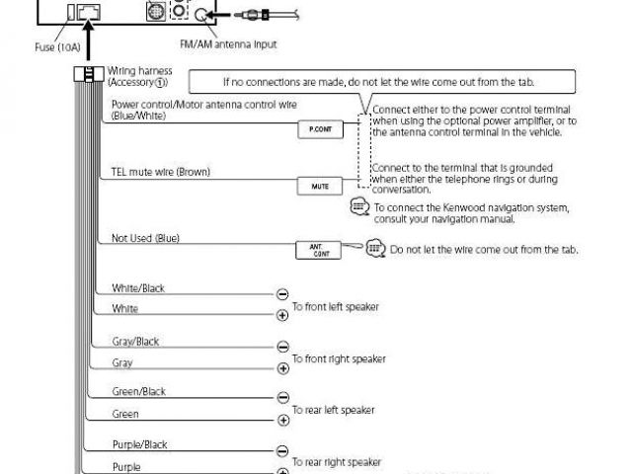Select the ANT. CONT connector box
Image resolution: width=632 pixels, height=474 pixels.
click(x=318, y=250)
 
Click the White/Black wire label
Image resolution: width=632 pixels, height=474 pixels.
click(x=138, y=288)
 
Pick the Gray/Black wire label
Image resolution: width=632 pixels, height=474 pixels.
click(x=135, y=342)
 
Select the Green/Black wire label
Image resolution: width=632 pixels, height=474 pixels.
click(x=138, y=392)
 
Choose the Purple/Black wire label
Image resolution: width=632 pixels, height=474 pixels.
click(x=139, y=444)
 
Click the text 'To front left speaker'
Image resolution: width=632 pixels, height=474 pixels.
click(x=335, y=307)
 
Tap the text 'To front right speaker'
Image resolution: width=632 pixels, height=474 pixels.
click(x=338, y=358)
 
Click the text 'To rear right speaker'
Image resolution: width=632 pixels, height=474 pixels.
click(x=336, y=461)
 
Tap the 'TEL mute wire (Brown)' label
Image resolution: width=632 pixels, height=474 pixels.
click(x=160, y=173)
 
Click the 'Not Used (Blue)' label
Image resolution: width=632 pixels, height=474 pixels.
click(x=145, y=238)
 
